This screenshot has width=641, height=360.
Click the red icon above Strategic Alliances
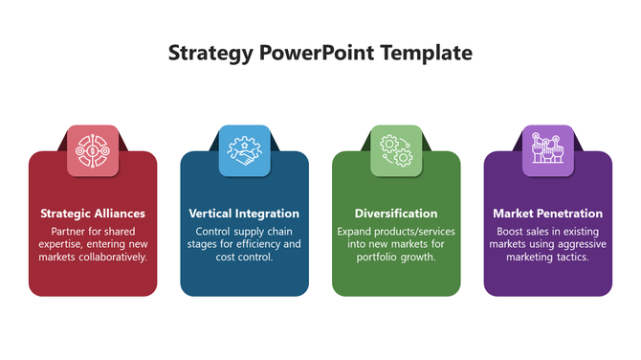93,150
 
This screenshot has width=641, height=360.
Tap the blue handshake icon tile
244,150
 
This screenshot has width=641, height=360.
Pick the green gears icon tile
396,150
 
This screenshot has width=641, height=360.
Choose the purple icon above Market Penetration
547,150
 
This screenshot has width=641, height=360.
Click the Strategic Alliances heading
93,214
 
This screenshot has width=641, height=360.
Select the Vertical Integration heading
244,214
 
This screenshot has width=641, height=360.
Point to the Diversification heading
396,214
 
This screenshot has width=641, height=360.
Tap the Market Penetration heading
547,214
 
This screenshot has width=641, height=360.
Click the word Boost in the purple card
512,232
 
